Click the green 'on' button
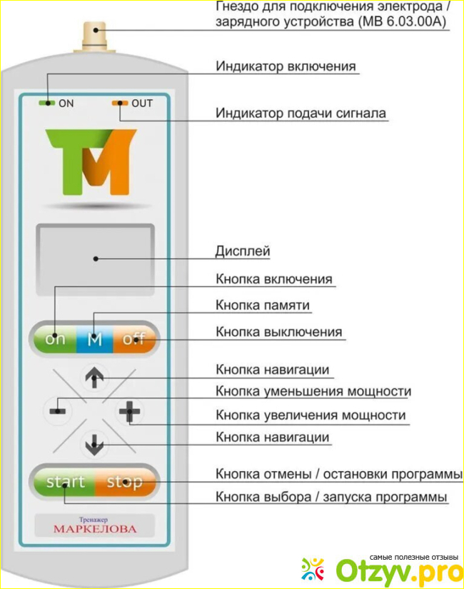[x=54, y=339]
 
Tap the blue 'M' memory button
[x=94, y=339]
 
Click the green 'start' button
[x=66, y=481]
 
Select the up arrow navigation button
[x=94, y=378]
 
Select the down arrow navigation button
[x=94, y=446]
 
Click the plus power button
[x=130, y=411]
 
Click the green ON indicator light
[x=48, y=104]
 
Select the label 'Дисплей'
[x=243, y=251]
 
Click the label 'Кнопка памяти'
[x=263, y=305]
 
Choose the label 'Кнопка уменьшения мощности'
[x=313, y=391]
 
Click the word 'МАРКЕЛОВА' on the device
[x=94, y=529]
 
